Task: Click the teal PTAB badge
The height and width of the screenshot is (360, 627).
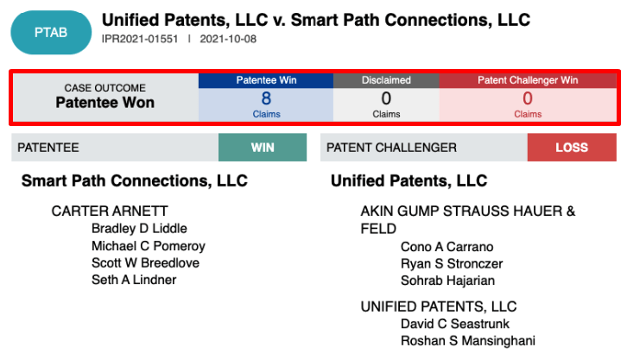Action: click(x=51, y=32)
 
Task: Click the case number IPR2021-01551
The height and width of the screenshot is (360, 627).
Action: click(x=140, y=39)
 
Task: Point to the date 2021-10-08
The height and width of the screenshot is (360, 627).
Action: click(x=228, y=39)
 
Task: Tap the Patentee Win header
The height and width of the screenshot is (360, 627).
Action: click(x=266, y=80)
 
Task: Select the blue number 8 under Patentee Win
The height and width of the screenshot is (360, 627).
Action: click(x=266, y=98)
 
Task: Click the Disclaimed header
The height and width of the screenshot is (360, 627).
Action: click(x=386, y=80)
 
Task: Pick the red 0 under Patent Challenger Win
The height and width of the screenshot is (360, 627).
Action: click(x=528, y=98)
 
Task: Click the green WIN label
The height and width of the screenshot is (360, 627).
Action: click(x=263, y=148)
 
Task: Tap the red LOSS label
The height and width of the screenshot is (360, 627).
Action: click(x=572, y=148)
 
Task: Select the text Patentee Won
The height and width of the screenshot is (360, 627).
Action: click(x=105, y=103)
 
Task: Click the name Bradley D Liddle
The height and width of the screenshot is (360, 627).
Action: click(x=139, y=229)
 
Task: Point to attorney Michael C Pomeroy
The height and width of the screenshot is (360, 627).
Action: click(x=149, y=246)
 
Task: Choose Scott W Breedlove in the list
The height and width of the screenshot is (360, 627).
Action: click(x=145, y=263)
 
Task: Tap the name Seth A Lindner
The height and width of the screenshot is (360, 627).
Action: click(x=134, y=280)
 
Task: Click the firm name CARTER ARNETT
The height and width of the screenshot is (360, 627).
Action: click(x=110, y=211)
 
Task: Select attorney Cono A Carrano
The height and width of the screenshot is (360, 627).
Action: click(x=447, y=247)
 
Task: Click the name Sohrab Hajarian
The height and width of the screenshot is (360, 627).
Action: click(x=448, y=281)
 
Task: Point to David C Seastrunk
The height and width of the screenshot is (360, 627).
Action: click(x=455, y=324)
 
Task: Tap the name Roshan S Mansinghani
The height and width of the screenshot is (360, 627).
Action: click(x=468, y=341)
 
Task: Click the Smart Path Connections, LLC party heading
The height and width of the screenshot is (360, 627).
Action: click(x=135, y=181)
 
